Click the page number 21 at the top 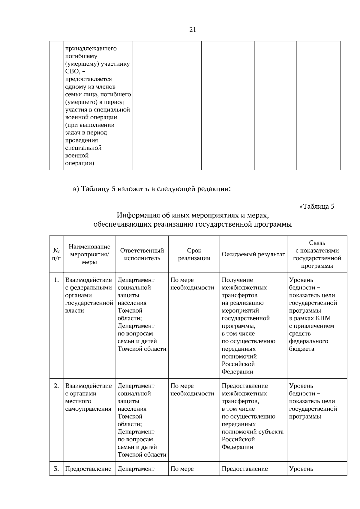coord(193,30)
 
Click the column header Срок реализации coord(194,254)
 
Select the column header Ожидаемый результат coord(253,255)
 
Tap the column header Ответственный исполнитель coord(142,254)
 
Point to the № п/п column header coord(56,254)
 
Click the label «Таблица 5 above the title coord(317,207)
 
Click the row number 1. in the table coord(56,280)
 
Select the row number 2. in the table coord(56,386)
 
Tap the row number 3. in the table coord(56,469)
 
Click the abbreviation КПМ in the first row coord(323,318)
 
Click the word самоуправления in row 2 coord(88,409)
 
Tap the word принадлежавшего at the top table coord(91,49)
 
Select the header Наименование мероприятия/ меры coord(89,254)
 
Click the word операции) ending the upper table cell coord(79,163)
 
